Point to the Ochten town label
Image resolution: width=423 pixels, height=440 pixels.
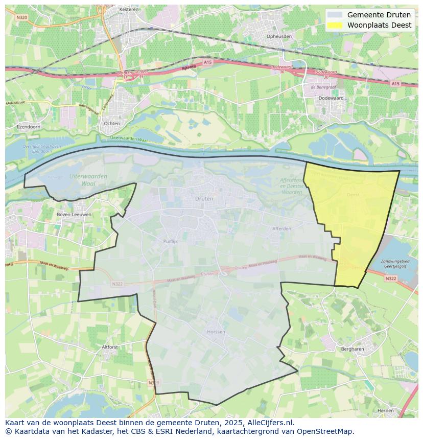point(111,124)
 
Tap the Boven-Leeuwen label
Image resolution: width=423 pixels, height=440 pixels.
point(74,215)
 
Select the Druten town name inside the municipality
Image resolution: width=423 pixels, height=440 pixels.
point(204,198)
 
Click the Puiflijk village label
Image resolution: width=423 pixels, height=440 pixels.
point(170,242)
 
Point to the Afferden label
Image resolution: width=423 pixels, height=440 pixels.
point(281,228)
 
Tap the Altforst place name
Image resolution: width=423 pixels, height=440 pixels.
point(110,347)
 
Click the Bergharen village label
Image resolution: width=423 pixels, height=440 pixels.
point(352,349)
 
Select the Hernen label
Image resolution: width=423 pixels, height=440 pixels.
point(385,410)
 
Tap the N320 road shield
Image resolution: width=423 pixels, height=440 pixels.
point(21,17)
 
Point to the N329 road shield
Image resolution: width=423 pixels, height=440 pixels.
point(151,382)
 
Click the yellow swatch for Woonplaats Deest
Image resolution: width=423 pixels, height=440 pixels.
point(335,25)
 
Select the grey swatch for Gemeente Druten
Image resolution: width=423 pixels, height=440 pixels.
point(335,15)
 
